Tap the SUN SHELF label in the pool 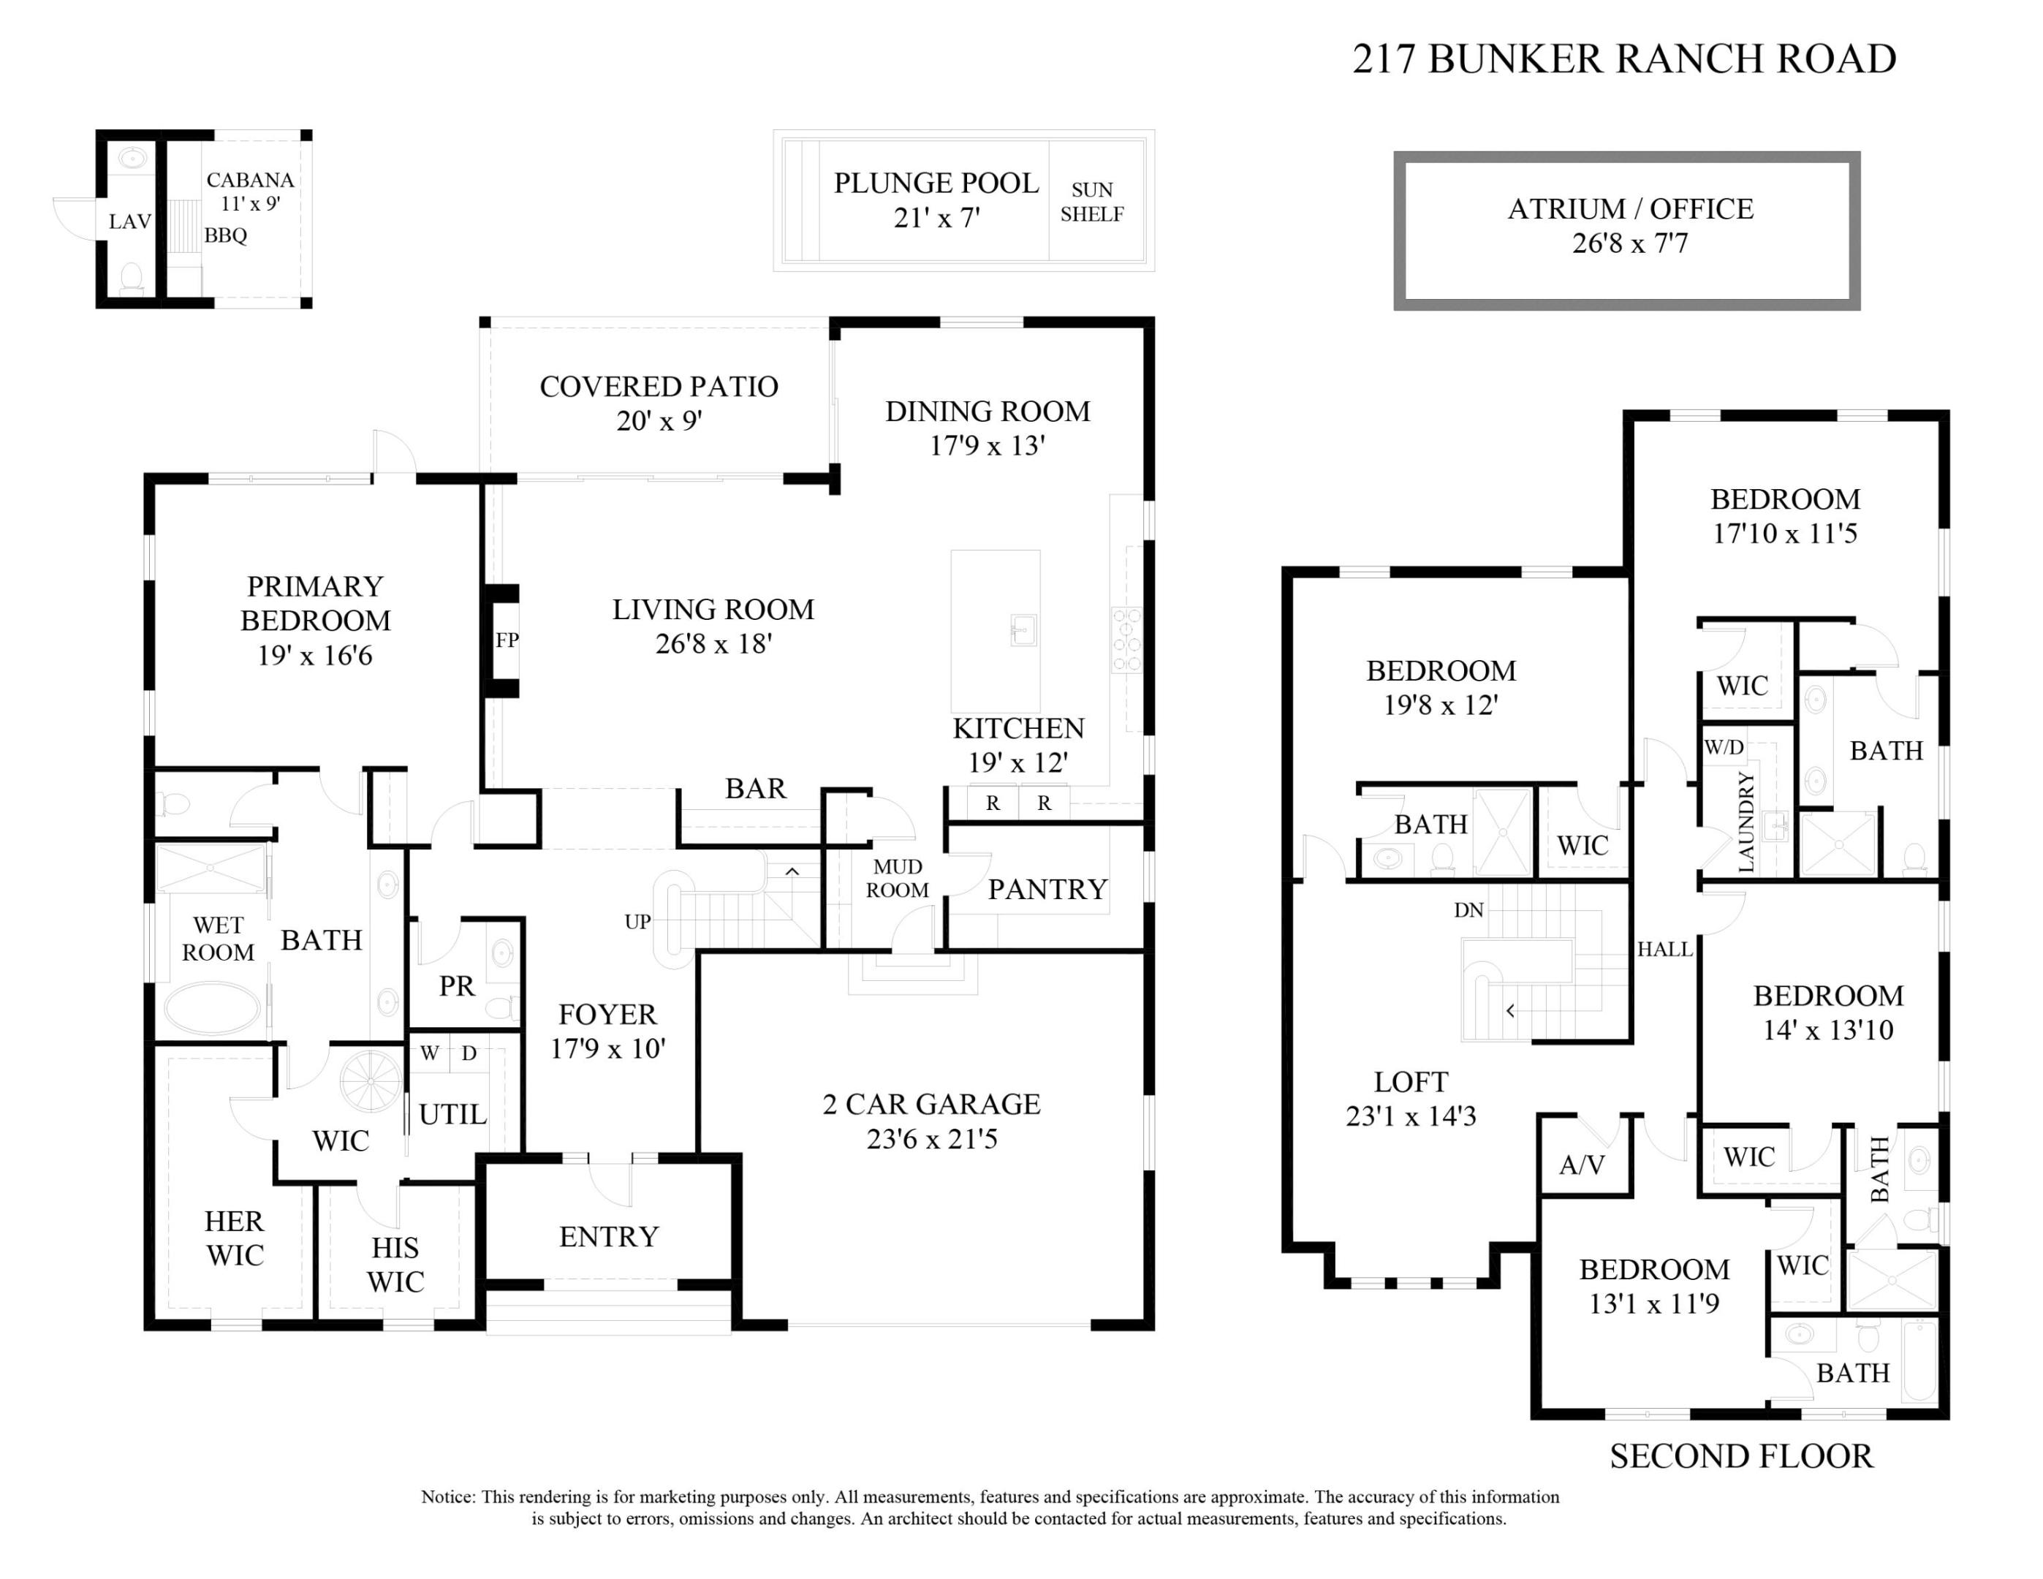point(1091,202)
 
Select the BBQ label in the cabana point(225,235)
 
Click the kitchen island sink point(1023,629)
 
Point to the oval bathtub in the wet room point(213,1007)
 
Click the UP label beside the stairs point(637,923)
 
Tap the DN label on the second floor point(1468,910)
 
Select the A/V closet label point(1582,1165)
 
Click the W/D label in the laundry point(1723,747)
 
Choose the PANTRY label point(1047,890)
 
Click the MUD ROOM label point(897,879)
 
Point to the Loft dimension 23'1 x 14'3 point(1411,1116)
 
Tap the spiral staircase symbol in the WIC point(371,1081)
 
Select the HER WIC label point(235,1238)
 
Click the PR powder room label point(457,986)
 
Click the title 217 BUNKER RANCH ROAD point(1624,59)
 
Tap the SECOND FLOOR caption point(1741,1456)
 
